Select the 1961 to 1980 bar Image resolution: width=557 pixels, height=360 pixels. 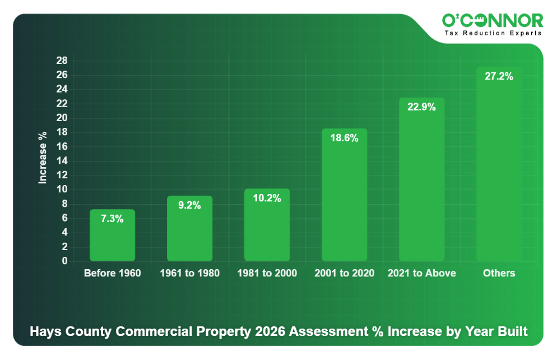click(x=189, y=233)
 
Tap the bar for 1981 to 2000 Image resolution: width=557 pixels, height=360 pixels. click(x=267, y=230)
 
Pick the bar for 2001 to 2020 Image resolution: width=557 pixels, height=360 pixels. click(x=344, y=202)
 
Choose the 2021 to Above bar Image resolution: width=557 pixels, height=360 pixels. click(x=421, y=185)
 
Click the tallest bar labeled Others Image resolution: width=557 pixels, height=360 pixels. click(x=499, y=168)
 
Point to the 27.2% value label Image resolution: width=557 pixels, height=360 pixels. click(x=499, y=77)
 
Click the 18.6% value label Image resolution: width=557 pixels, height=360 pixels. click(x=344, y=138)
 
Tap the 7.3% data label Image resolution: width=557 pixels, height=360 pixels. click(x=112, y=219)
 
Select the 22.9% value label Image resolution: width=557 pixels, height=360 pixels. click(x=421, y=107)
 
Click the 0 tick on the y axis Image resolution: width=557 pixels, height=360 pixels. click(x=65, y=261)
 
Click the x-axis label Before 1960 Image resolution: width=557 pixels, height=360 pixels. click(x=112, y=274)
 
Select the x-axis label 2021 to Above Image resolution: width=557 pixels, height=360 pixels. click(x=421, y=274)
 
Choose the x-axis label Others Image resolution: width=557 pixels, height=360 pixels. click(x=499, y=274)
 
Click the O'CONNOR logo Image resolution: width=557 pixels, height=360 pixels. click(x=492, y=21)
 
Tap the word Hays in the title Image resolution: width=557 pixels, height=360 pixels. click(x=44, y=331)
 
